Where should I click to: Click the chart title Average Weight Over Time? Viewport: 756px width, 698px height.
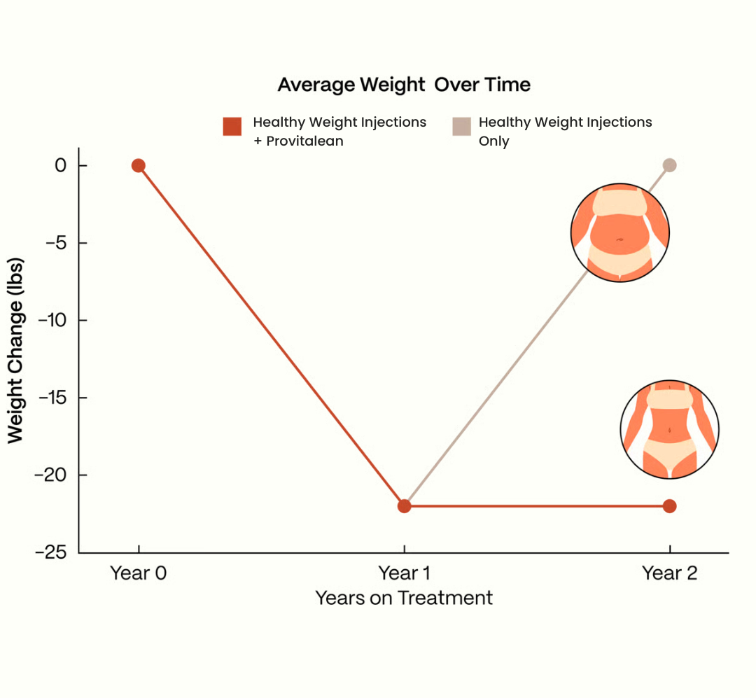pos(404,85)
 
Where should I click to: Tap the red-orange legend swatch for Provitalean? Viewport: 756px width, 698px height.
pos(232,126)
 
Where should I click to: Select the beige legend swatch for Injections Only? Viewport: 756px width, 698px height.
pos(461,126)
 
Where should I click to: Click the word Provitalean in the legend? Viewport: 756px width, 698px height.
pos(304,141)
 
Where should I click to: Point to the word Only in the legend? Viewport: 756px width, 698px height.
pos(493,141)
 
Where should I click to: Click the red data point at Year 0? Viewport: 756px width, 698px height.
pos(139,166)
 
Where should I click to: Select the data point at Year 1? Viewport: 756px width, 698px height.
pos(404,506)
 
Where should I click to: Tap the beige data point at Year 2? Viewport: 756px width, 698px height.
pos(669,165)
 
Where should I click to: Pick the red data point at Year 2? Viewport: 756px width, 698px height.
pos(669,506)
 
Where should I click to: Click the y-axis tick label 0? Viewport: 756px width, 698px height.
pos(62,166)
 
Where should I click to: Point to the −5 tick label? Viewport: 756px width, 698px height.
pos(55,243)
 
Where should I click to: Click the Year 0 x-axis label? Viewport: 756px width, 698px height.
pos(139,573)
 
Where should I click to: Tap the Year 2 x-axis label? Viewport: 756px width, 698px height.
pos(670,573)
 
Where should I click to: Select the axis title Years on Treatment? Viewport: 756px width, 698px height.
pos(404,598)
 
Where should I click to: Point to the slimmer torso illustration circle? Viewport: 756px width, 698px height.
pos(670,429)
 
